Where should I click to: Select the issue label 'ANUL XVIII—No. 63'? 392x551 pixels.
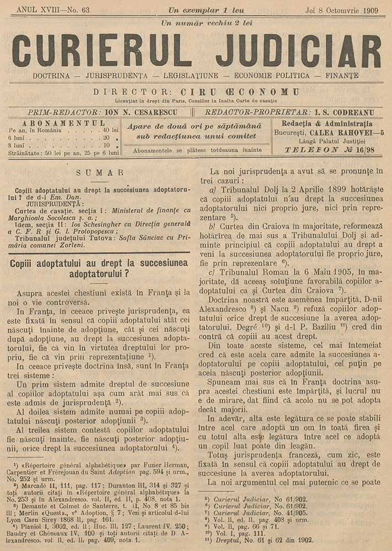53,10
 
